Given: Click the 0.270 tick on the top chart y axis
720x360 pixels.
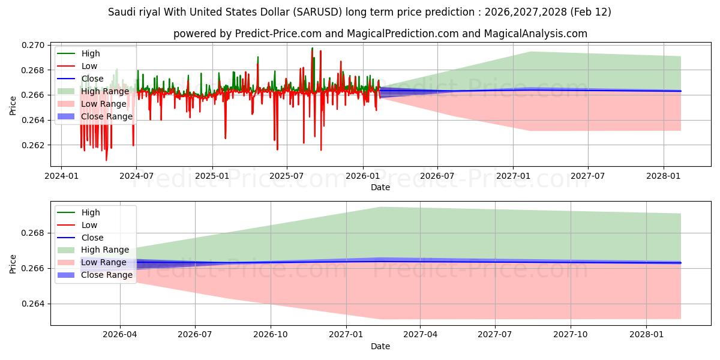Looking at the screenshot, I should [x=34, y=45].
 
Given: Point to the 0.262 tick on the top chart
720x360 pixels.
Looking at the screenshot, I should [x=34, y=145].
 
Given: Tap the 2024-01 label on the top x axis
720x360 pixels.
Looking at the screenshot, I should [x=61, y=176].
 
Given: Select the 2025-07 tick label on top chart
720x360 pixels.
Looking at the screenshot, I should [x=287, y=176].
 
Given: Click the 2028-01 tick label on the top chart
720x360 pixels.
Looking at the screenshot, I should [x=663, y=176].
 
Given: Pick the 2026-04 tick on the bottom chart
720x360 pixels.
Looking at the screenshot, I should [x=120, y=335].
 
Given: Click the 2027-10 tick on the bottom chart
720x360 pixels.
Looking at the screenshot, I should [x=571, y=335].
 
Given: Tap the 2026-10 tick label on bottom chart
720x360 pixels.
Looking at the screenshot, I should [x=270, y=335].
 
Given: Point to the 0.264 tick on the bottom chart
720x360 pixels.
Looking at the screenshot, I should [x=34, y=304].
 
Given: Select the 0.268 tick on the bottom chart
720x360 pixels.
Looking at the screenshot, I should [x=34, y=233].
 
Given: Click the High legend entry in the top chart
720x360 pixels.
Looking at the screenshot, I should [x=91, y=53].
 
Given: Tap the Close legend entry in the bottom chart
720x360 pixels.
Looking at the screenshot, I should [x=92, y=238].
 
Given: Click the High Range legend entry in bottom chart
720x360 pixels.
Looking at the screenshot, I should [x=105, y=250].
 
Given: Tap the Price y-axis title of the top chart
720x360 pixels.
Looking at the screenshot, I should [x=13, y=106].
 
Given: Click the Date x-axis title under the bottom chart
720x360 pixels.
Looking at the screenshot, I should [x=380, y=346].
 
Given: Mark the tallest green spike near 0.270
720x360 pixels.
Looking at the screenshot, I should [x=312, y=48].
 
